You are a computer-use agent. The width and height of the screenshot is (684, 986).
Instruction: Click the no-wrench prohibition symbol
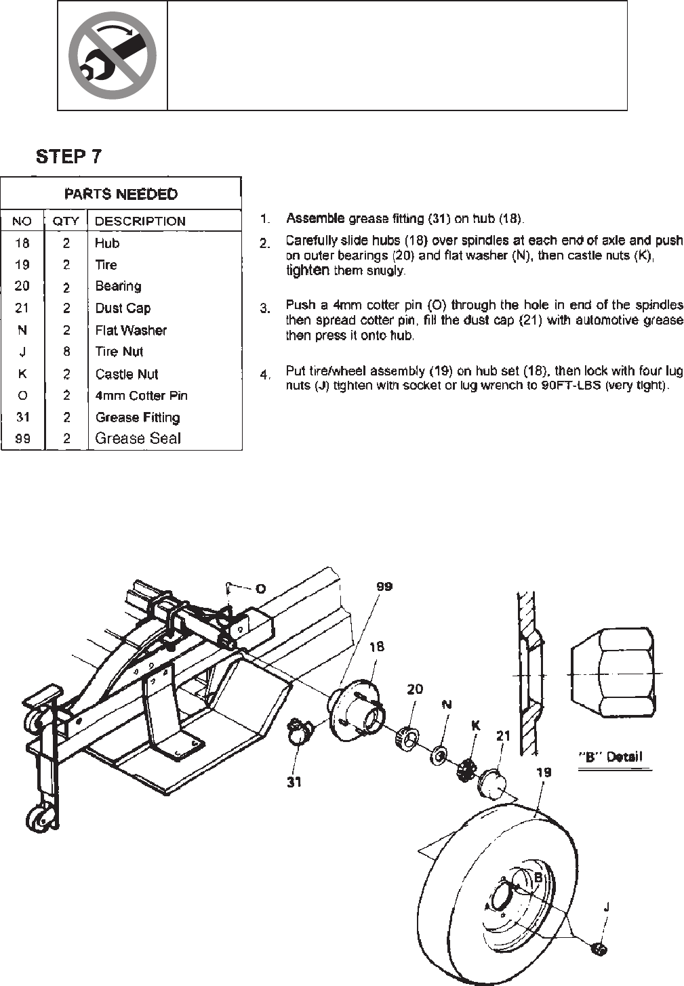coord(113,56)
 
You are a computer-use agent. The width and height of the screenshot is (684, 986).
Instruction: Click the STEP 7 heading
coord(68,157)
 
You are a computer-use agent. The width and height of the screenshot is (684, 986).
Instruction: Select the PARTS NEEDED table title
coord(121,194)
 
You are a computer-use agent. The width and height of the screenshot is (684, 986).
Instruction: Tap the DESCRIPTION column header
coord(140,221)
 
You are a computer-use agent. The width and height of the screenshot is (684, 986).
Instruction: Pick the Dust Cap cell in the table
coord(123,308)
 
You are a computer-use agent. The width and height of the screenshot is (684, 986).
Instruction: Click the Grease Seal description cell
coord(138,438)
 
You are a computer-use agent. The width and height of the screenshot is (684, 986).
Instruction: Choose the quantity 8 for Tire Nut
coord(66,352)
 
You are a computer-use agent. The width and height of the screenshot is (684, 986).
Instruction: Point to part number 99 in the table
coord(22,438)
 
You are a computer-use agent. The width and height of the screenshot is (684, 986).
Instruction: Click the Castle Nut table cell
coord(127,374)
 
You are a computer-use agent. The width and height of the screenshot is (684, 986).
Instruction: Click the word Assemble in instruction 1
coord(315,218)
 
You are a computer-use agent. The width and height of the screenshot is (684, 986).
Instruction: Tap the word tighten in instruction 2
coord(308,270)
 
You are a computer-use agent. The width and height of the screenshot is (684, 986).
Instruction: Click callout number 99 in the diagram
coord(384,587)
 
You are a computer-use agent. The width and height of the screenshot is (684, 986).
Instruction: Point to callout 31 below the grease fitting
coord(294,782)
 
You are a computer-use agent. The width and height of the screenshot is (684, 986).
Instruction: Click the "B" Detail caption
coord(610,757)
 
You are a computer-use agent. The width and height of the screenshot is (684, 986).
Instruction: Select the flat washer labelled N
coord(439,754)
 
